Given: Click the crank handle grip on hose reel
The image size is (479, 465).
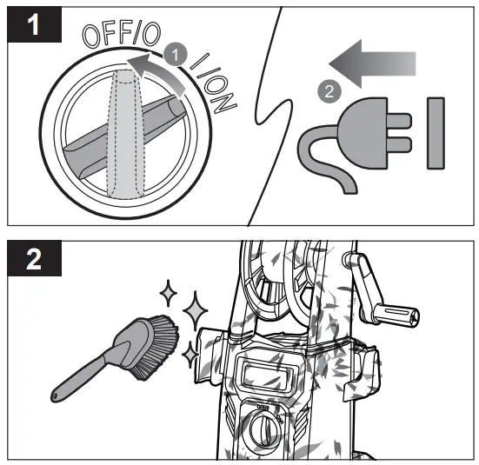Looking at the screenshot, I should tap(395, 313).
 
